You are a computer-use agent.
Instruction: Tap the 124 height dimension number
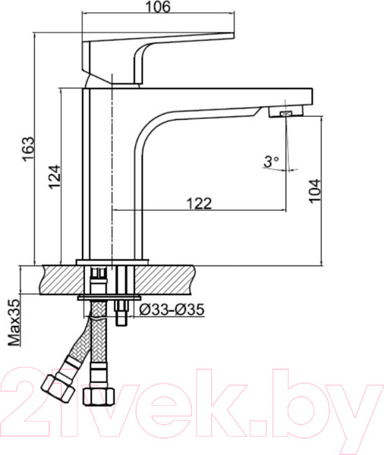[x=52, y=175]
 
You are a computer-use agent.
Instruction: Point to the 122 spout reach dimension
[x=198, y=202]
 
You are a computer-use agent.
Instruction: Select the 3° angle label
[x=271, y=162]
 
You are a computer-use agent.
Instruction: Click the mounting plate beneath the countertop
[x=109, y=297]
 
